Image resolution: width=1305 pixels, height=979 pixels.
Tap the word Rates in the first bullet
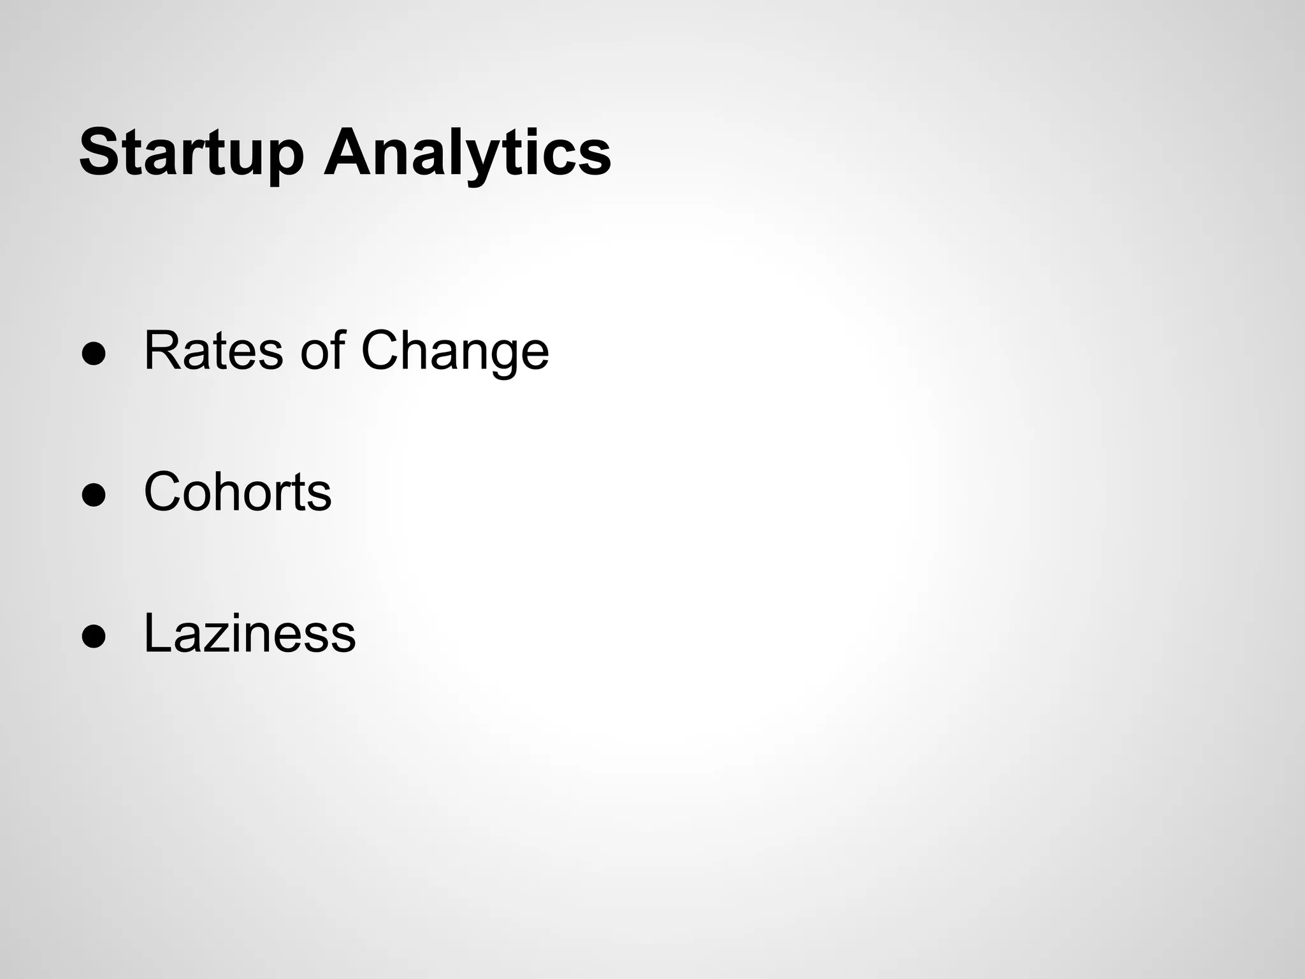point(213,351)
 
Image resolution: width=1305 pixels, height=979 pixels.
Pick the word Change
point(454,352)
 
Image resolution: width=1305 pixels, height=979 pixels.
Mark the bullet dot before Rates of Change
point(93,356)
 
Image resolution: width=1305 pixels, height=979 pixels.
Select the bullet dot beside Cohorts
point(93,497)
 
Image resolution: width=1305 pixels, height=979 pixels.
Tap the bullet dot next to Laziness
point(93,638)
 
